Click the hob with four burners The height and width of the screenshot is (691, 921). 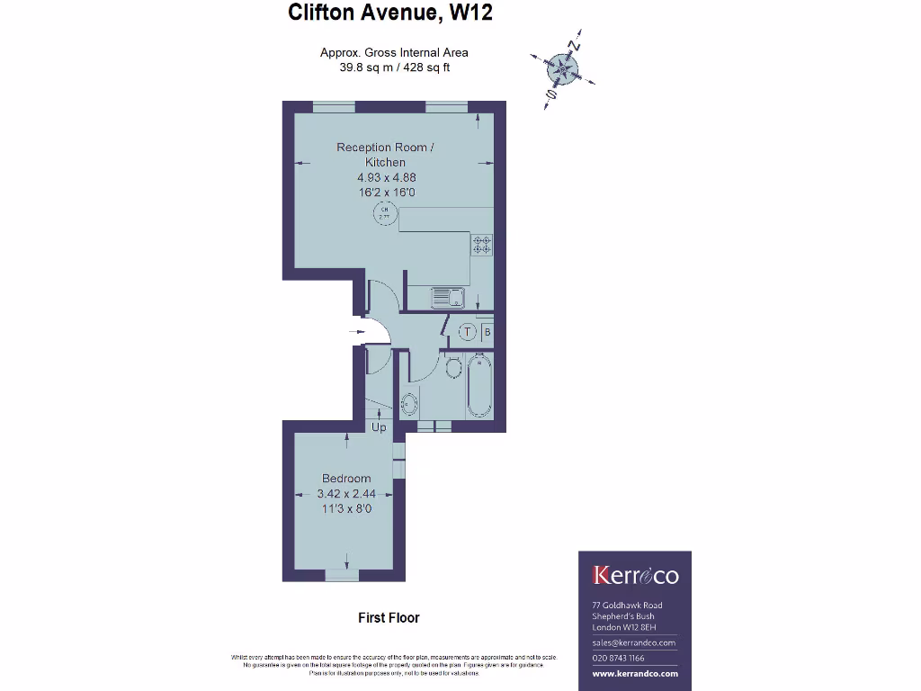coord(481,245)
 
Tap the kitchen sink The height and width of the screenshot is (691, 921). coord(446,296)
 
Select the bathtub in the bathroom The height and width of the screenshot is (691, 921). coord(479,384)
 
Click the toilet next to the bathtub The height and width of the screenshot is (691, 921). coord(453,368)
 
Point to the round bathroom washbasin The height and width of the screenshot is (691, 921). coord(409,402)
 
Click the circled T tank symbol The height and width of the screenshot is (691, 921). coord(467,332)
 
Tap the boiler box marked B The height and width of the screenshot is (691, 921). coord(487,332)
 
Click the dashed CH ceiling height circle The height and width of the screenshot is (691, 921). coord(384,213)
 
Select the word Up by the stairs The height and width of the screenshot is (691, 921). coord(379,427)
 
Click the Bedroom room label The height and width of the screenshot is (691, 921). coord(346,479)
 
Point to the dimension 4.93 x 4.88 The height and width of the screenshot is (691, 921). coord(386,177)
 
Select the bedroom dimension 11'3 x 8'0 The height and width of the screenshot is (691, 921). coord(346,509)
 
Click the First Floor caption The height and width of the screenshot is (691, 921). coord(389,617)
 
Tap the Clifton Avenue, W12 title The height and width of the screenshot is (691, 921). coord(390,13)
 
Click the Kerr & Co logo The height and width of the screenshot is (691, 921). coord(635,576)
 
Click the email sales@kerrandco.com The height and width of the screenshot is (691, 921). coord(634,643)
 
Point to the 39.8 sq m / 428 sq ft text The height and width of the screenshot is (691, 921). coord(395,67)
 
